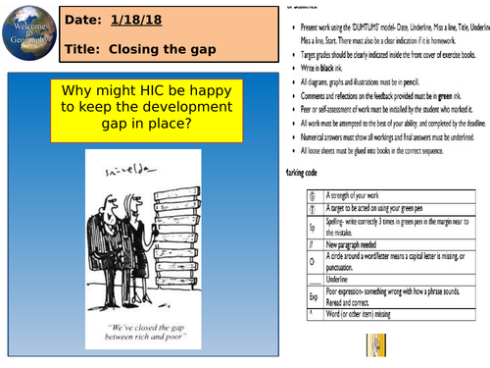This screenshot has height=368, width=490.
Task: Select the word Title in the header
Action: point(88,48)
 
